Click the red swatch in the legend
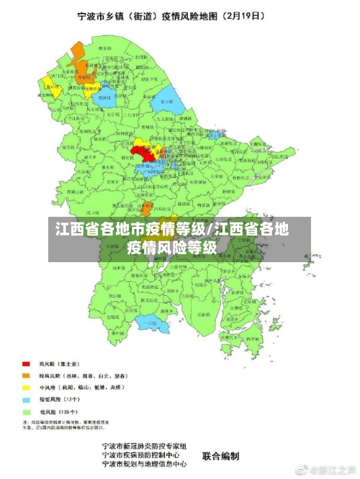tap(26, 364)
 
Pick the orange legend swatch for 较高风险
tap(26, 375)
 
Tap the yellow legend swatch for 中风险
tap(26, 387)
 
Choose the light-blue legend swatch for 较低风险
tap(26, 398)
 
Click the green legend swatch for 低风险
tap(26, 410)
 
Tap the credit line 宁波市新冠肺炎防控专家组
tap(144, 447)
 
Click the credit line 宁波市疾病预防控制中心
tap(144, 455)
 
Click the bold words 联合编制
tap(220, 455)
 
